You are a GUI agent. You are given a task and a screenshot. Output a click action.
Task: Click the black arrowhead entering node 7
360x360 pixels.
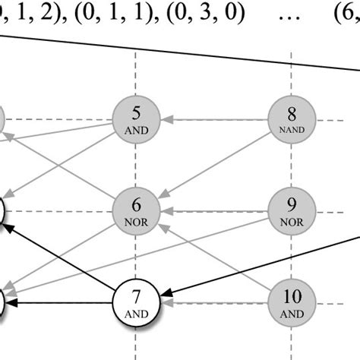(168, 292)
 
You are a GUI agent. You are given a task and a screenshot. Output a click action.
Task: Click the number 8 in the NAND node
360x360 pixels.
(292, 115)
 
